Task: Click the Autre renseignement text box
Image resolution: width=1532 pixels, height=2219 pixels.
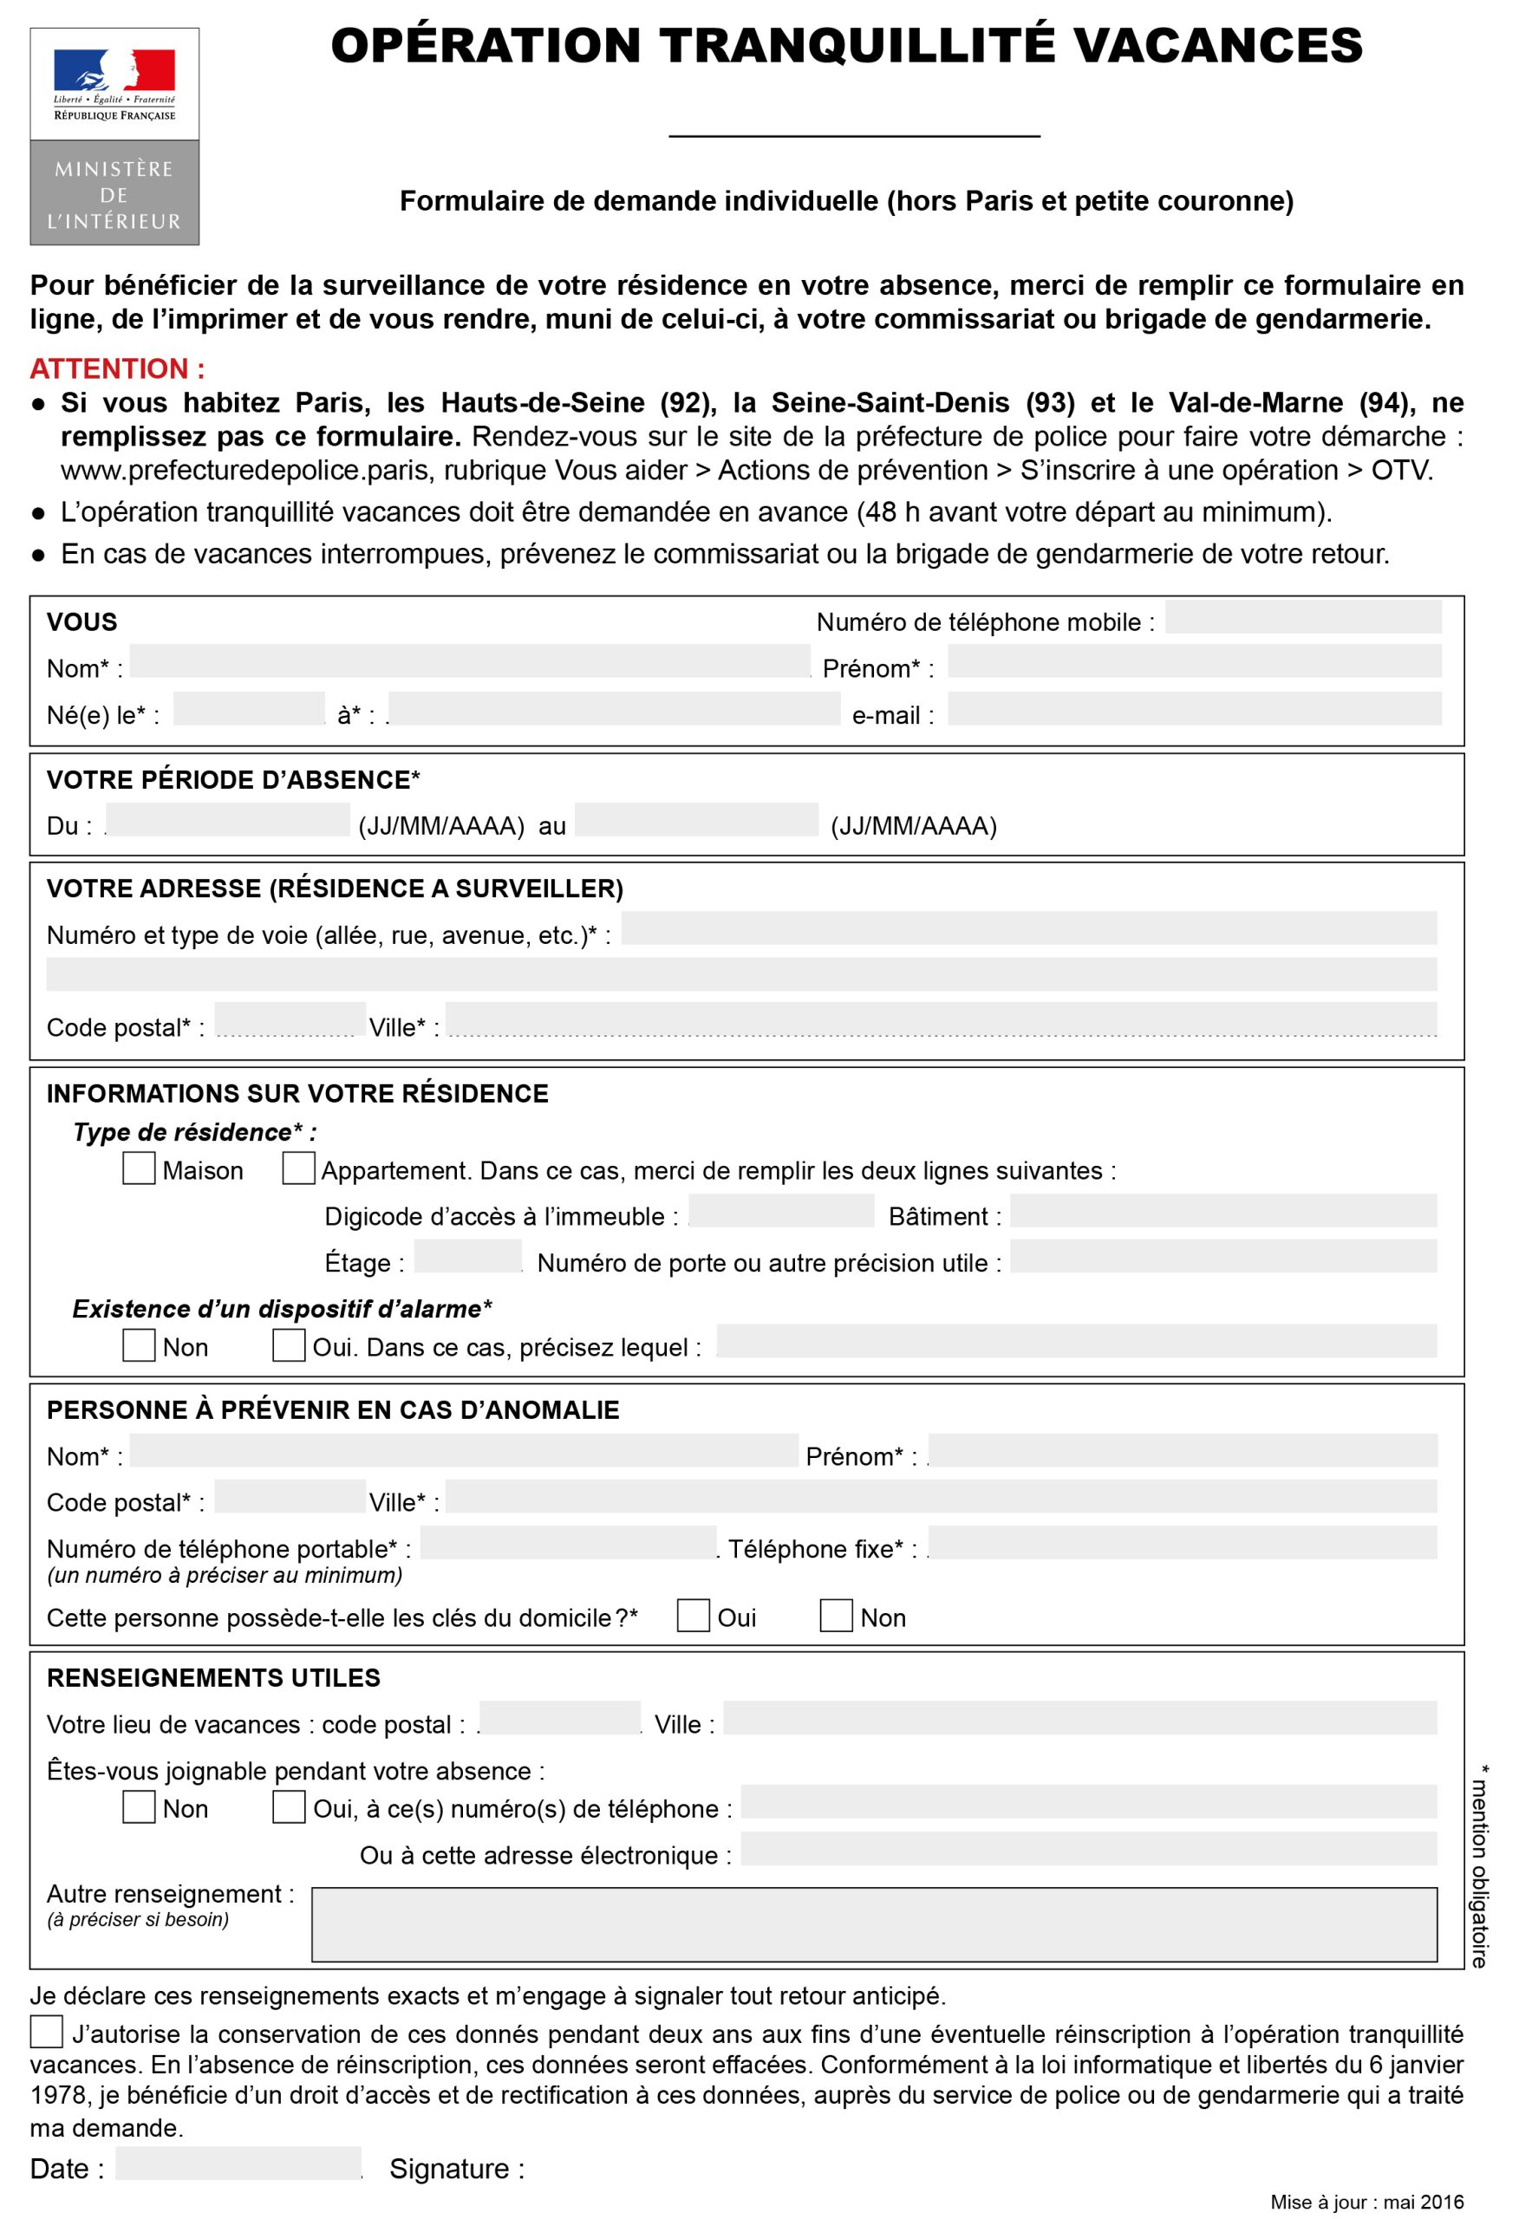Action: point(874,1924)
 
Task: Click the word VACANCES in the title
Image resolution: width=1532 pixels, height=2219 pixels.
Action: point(1216,46)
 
